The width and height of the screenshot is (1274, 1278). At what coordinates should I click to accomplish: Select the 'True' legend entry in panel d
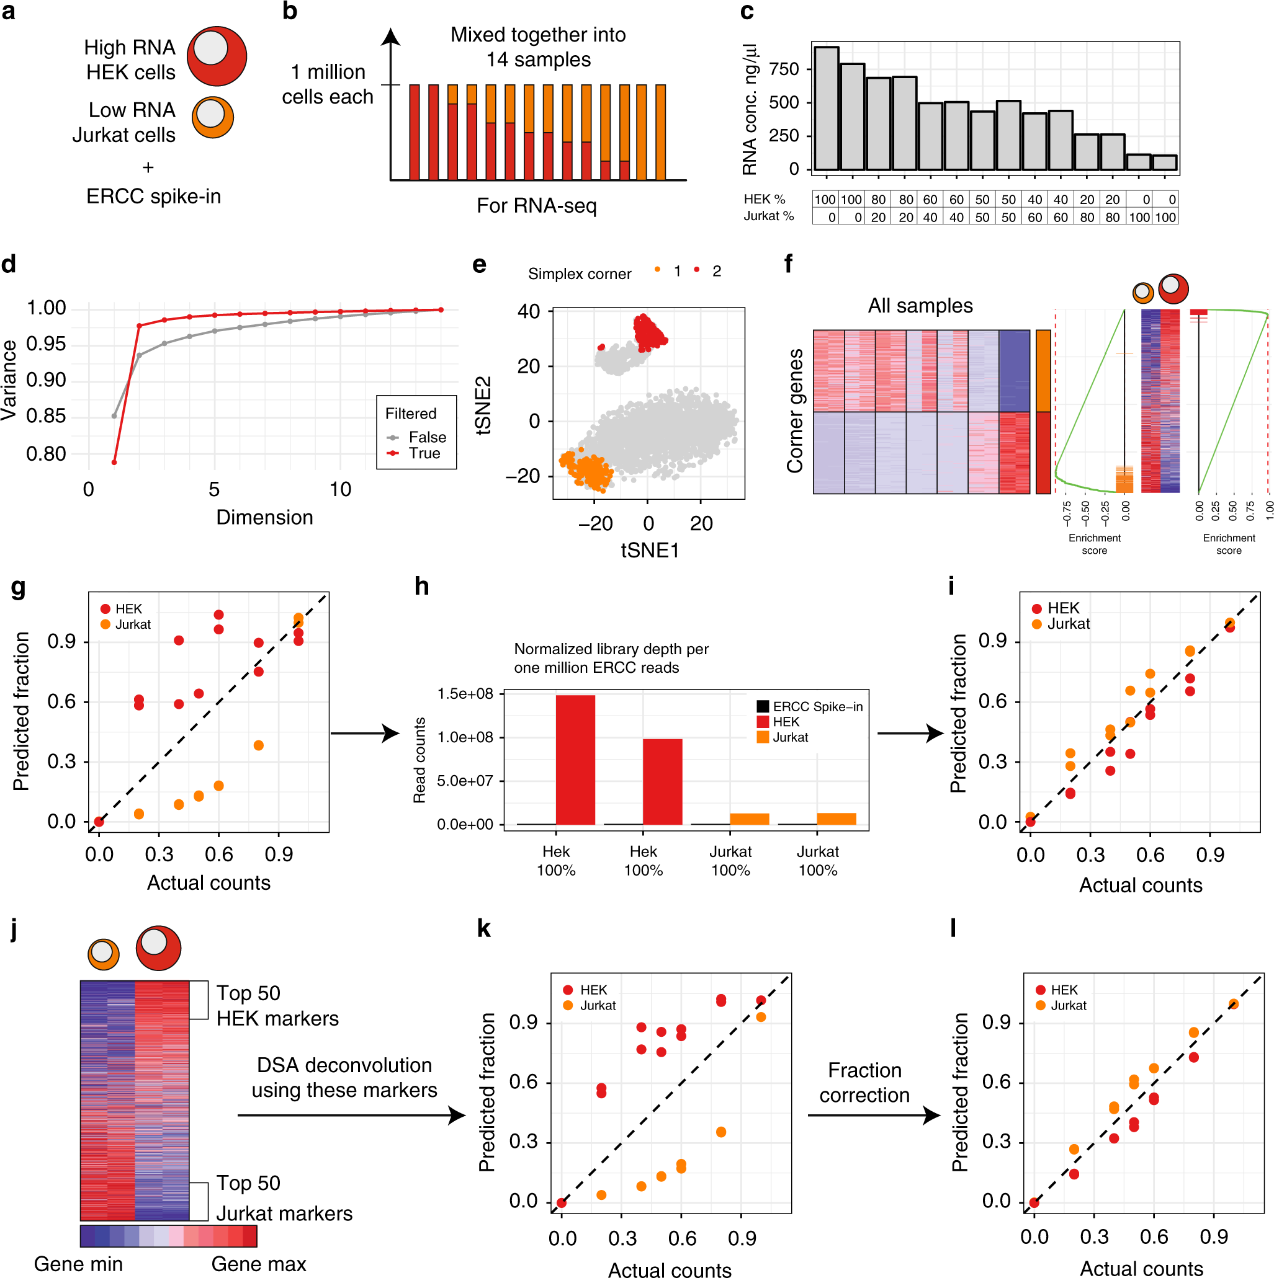point(424,453)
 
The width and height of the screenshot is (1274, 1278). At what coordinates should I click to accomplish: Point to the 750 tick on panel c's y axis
point(784,69)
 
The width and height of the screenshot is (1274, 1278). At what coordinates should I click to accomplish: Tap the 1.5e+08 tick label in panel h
point(465,693)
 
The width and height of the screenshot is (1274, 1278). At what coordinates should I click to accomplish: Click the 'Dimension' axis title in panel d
point(264,517)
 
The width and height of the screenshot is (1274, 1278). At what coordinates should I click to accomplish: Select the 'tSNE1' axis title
point(649,551)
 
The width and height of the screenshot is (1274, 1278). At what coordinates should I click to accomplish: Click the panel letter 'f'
point(787,265)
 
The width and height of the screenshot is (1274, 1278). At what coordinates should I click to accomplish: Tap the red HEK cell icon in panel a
point(217,56)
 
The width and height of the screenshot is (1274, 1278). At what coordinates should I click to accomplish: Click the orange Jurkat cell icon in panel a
point(212,117)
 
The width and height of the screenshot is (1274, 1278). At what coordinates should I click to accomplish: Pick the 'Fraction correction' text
point(864,1083)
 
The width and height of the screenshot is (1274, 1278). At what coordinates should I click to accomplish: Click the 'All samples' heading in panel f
point(919,306)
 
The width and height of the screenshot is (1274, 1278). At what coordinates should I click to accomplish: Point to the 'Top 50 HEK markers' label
point(277,1005)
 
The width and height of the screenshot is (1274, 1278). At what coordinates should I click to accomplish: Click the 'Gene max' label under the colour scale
point(258,1264)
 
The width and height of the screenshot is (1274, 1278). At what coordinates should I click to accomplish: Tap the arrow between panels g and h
point(364,733)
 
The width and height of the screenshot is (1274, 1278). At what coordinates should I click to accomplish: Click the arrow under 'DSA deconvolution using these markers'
point(351,1116)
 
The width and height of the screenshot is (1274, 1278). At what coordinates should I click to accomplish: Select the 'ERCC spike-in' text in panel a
point(153,197)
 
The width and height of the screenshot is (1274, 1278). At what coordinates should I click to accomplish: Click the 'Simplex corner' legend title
point(579,274)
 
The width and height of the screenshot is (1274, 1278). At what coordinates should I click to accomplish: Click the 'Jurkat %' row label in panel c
point(768,216)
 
